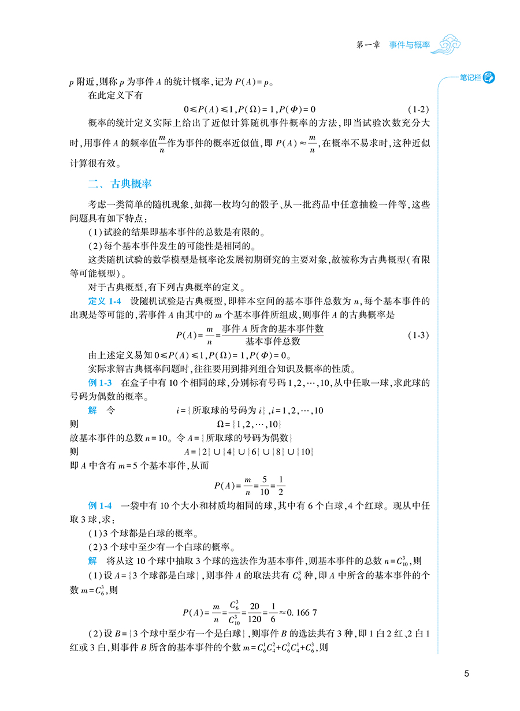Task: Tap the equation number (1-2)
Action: click(x=419, y=109)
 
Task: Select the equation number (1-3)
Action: click(x=419, y=336)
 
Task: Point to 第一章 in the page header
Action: click(x=368, y=45)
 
